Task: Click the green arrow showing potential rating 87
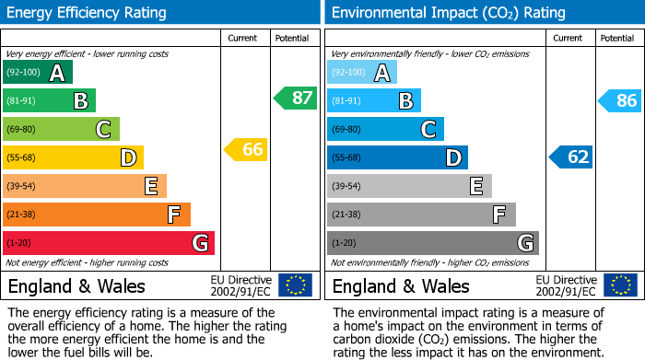click(295, 98)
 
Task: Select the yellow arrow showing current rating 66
click(246, 149)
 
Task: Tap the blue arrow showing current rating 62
click(571, 157)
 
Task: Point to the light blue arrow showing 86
click(619, 100)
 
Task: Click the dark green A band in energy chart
click(38, 73)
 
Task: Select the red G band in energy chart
click(109, 243)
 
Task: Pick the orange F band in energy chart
click(97, 215)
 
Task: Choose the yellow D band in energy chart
click(73, 157)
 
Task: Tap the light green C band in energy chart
click(62, 129)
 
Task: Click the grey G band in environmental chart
click(433, 243)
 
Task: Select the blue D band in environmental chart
click(397, 157)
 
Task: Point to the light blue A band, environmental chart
click(362, 73)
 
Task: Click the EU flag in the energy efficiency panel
click(295, 285)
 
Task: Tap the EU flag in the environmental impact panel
click(619, 285)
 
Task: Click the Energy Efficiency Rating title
click(87, 13)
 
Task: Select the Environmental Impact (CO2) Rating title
click(448, 13)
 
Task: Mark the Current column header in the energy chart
click(244, 38)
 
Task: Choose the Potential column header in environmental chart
click(616, 38)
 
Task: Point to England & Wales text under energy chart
click(76, 286)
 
